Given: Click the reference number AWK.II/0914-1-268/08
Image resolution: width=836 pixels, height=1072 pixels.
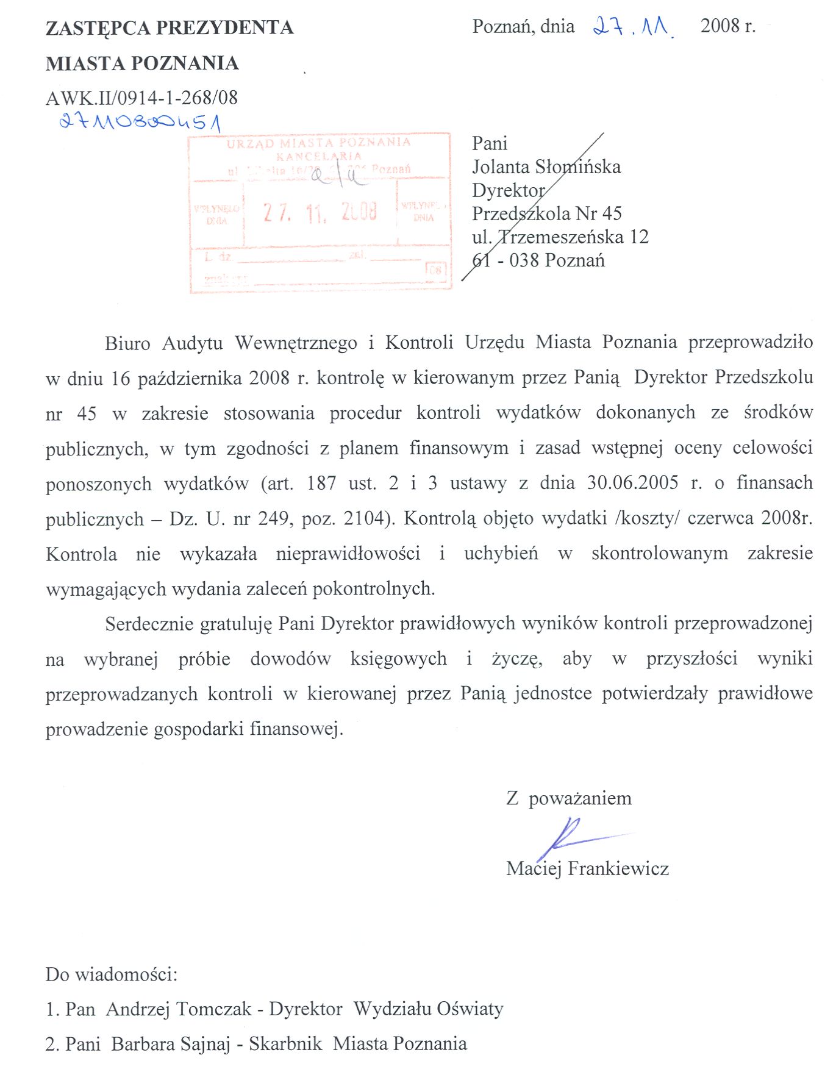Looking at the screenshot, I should click(x=141, y=98).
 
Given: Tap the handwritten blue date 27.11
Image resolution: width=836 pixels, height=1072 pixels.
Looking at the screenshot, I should click(x=633, y=27).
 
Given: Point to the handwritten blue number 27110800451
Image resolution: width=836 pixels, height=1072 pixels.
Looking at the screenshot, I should click(x=140, y=123).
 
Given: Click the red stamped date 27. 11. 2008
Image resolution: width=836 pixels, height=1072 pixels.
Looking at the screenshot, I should click(x=320, y=212).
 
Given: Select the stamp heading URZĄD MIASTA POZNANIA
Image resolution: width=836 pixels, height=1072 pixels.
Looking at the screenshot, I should click(x=318, y=143).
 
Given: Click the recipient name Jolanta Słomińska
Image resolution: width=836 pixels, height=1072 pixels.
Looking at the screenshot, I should click(x=546, y=166).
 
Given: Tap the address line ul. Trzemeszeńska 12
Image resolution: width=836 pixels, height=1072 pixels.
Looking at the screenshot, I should click(x=560, y=237).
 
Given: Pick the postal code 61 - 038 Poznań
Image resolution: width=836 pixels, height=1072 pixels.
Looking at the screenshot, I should click(x=538, y=260).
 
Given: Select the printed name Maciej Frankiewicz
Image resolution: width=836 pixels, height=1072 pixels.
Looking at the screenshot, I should click(x=587, y=868).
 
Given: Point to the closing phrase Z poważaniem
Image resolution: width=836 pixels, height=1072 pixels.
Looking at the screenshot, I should click(x=568, y=798).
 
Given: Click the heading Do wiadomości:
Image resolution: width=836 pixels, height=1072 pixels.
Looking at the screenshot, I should click(x=111, y=974).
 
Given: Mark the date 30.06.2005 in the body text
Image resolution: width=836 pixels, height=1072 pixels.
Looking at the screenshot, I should click(x=632, y=483).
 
